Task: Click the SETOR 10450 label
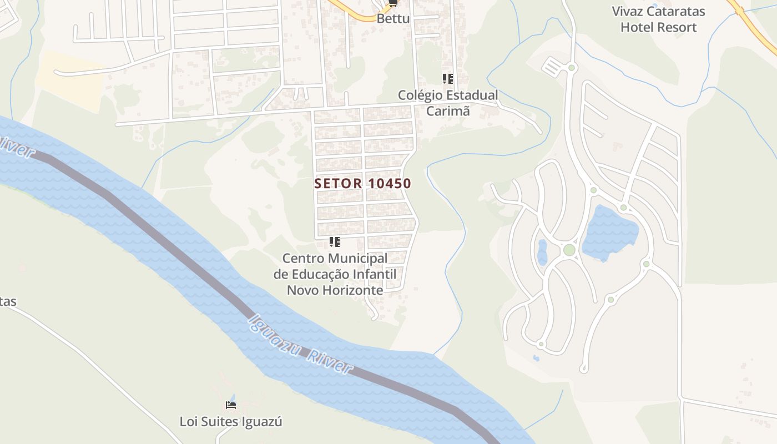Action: point(362,183)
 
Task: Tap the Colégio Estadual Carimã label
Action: point(448,103)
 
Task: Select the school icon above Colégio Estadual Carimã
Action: point(448,79)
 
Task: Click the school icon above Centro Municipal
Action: point(335,242)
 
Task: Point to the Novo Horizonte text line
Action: point(335,290)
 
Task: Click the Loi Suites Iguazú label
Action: point(231,422)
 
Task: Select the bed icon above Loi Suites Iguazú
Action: point(231,404)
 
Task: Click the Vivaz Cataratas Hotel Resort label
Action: point(658,19)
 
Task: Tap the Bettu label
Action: point(393,18)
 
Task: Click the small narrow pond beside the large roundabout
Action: point(542,252)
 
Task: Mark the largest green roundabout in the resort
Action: point(569,250)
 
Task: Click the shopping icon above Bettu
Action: point(393,3)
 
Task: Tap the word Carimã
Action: point(448,110)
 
